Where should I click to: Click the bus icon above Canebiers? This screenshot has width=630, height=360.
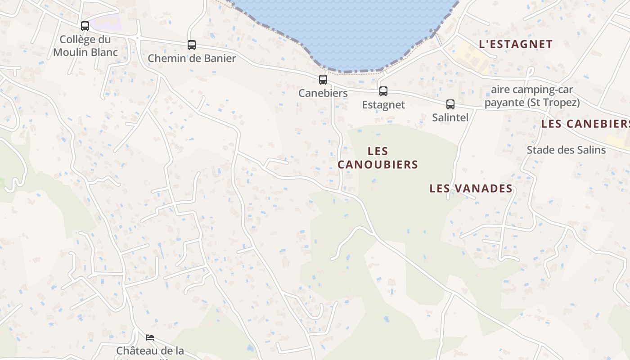(323, 80)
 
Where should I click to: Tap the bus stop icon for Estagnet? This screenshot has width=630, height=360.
(383, 91)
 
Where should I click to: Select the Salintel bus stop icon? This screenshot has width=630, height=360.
(450, 104)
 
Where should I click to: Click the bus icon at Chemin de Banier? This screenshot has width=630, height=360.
(192, 45)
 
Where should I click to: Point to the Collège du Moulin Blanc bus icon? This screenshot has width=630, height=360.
(85, 26)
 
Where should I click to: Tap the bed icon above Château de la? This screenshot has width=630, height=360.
(150, 337)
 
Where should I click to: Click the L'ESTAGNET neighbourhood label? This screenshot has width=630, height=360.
(516, 44)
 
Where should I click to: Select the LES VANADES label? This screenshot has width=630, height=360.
(471, 188)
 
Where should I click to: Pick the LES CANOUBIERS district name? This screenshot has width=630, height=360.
(378, 157)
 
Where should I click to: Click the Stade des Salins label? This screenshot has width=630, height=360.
(566, 150)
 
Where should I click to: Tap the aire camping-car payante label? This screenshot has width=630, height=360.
(532, 96)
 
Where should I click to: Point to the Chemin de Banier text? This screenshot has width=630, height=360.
(192, 58)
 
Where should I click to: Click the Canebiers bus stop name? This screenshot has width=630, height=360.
(323, 93)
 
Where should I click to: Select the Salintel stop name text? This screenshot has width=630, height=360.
(450, 117)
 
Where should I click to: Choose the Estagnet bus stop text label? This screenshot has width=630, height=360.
(383, 105)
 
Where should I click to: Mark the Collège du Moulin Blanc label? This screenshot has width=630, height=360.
(85, 45)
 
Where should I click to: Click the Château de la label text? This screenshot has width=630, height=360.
(150, 351)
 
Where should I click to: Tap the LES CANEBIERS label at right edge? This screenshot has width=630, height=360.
(585, 124)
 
